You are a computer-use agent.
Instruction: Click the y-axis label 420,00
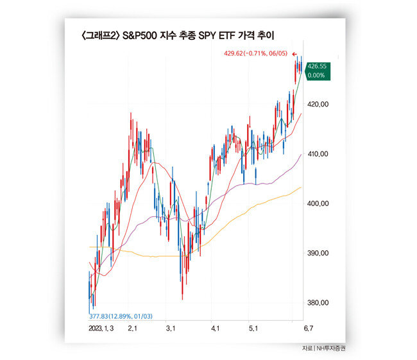click(x=319, y=104)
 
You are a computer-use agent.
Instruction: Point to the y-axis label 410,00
click(x=319, y=154)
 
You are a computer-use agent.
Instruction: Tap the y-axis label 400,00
click(x=319, y=203)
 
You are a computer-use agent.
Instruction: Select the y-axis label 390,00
click(x=319, y=253)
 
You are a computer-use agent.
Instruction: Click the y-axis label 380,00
click(x=319, y=303)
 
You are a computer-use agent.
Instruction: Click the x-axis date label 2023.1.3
click(x=102, y=329)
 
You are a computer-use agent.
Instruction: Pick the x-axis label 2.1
click(x=133, y=329)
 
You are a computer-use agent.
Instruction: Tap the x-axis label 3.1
click(x=171, y=329)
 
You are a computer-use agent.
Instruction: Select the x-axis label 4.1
click(x=216, y=329)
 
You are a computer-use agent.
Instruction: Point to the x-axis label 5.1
click(x=253, y=329)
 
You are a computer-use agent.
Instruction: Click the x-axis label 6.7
click(x=309, y=329)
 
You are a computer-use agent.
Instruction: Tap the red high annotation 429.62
click(x=257, y=54)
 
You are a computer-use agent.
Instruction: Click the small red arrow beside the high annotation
click(x=294, y=54)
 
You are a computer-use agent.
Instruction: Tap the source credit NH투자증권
click(x=330, y=348)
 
